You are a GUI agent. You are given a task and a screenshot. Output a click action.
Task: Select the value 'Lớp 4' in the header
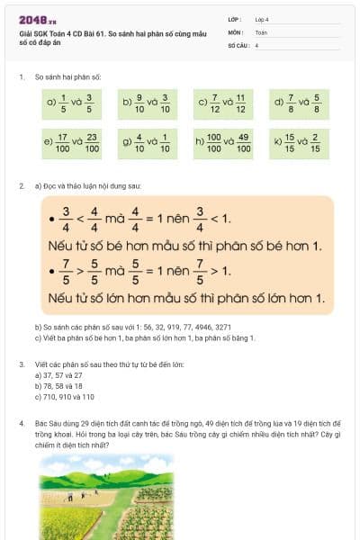tap(262, 19)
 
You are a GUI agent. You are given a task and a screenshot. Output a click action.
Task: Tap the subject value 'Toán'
tap(261, 31)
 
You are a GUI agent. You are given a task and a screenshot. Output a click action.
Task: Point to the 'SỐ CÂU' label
tap(237, 44)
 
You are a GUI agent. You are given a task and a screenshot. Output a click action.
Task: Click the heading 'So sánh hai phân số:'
tap(59, 78)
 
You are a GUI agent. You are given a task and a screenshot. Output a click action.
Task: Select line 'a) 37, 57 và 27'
tap(54, 374)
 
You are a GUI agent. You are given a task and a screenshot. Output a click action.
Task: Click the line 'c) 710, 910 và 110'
tap(62, 396)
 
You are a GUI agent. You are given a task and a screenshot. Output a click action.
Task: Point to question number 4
tap(21, 421)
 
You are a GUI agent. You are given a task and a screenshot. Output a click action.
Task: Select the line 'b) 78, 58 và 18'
tap(53, 385)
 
